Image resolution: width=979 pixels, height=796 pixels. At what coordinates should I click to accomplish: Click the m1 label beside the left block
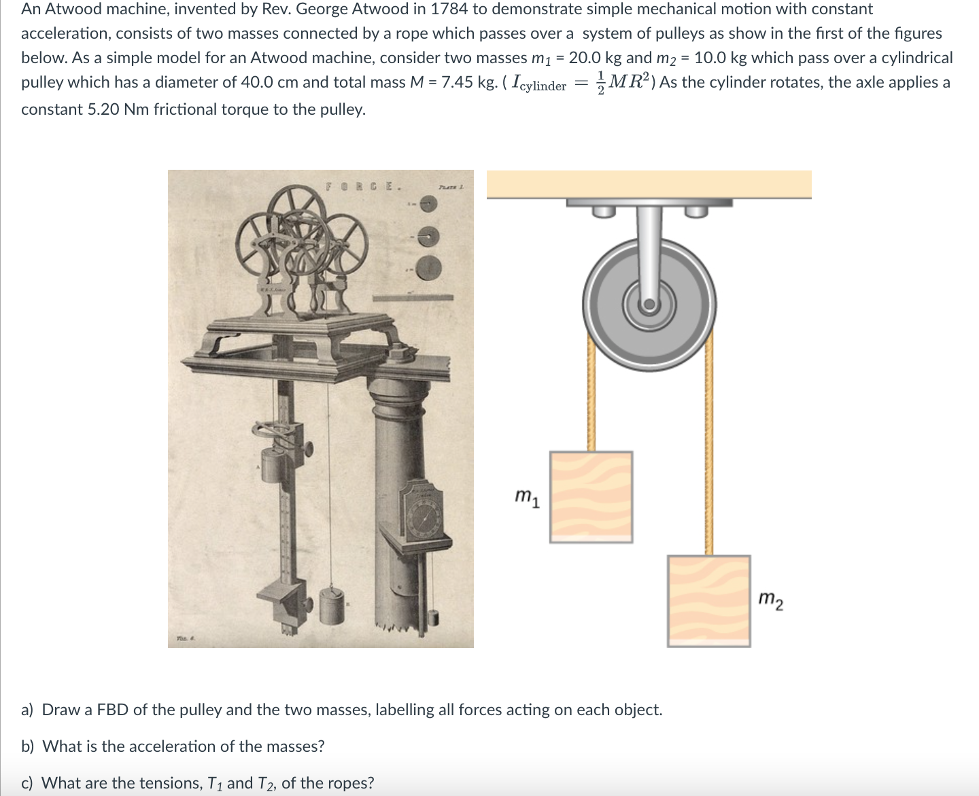[528, 498]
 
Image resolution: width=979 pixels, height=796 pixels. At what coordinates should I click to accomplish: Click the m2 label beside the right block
[770, 601]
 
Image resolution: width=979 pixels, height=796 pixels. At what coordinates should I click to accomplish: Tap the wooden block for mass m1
[591, 496]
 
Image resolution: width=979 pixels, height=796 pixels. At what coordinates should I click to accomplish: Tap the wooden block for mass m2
[708, 600]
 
